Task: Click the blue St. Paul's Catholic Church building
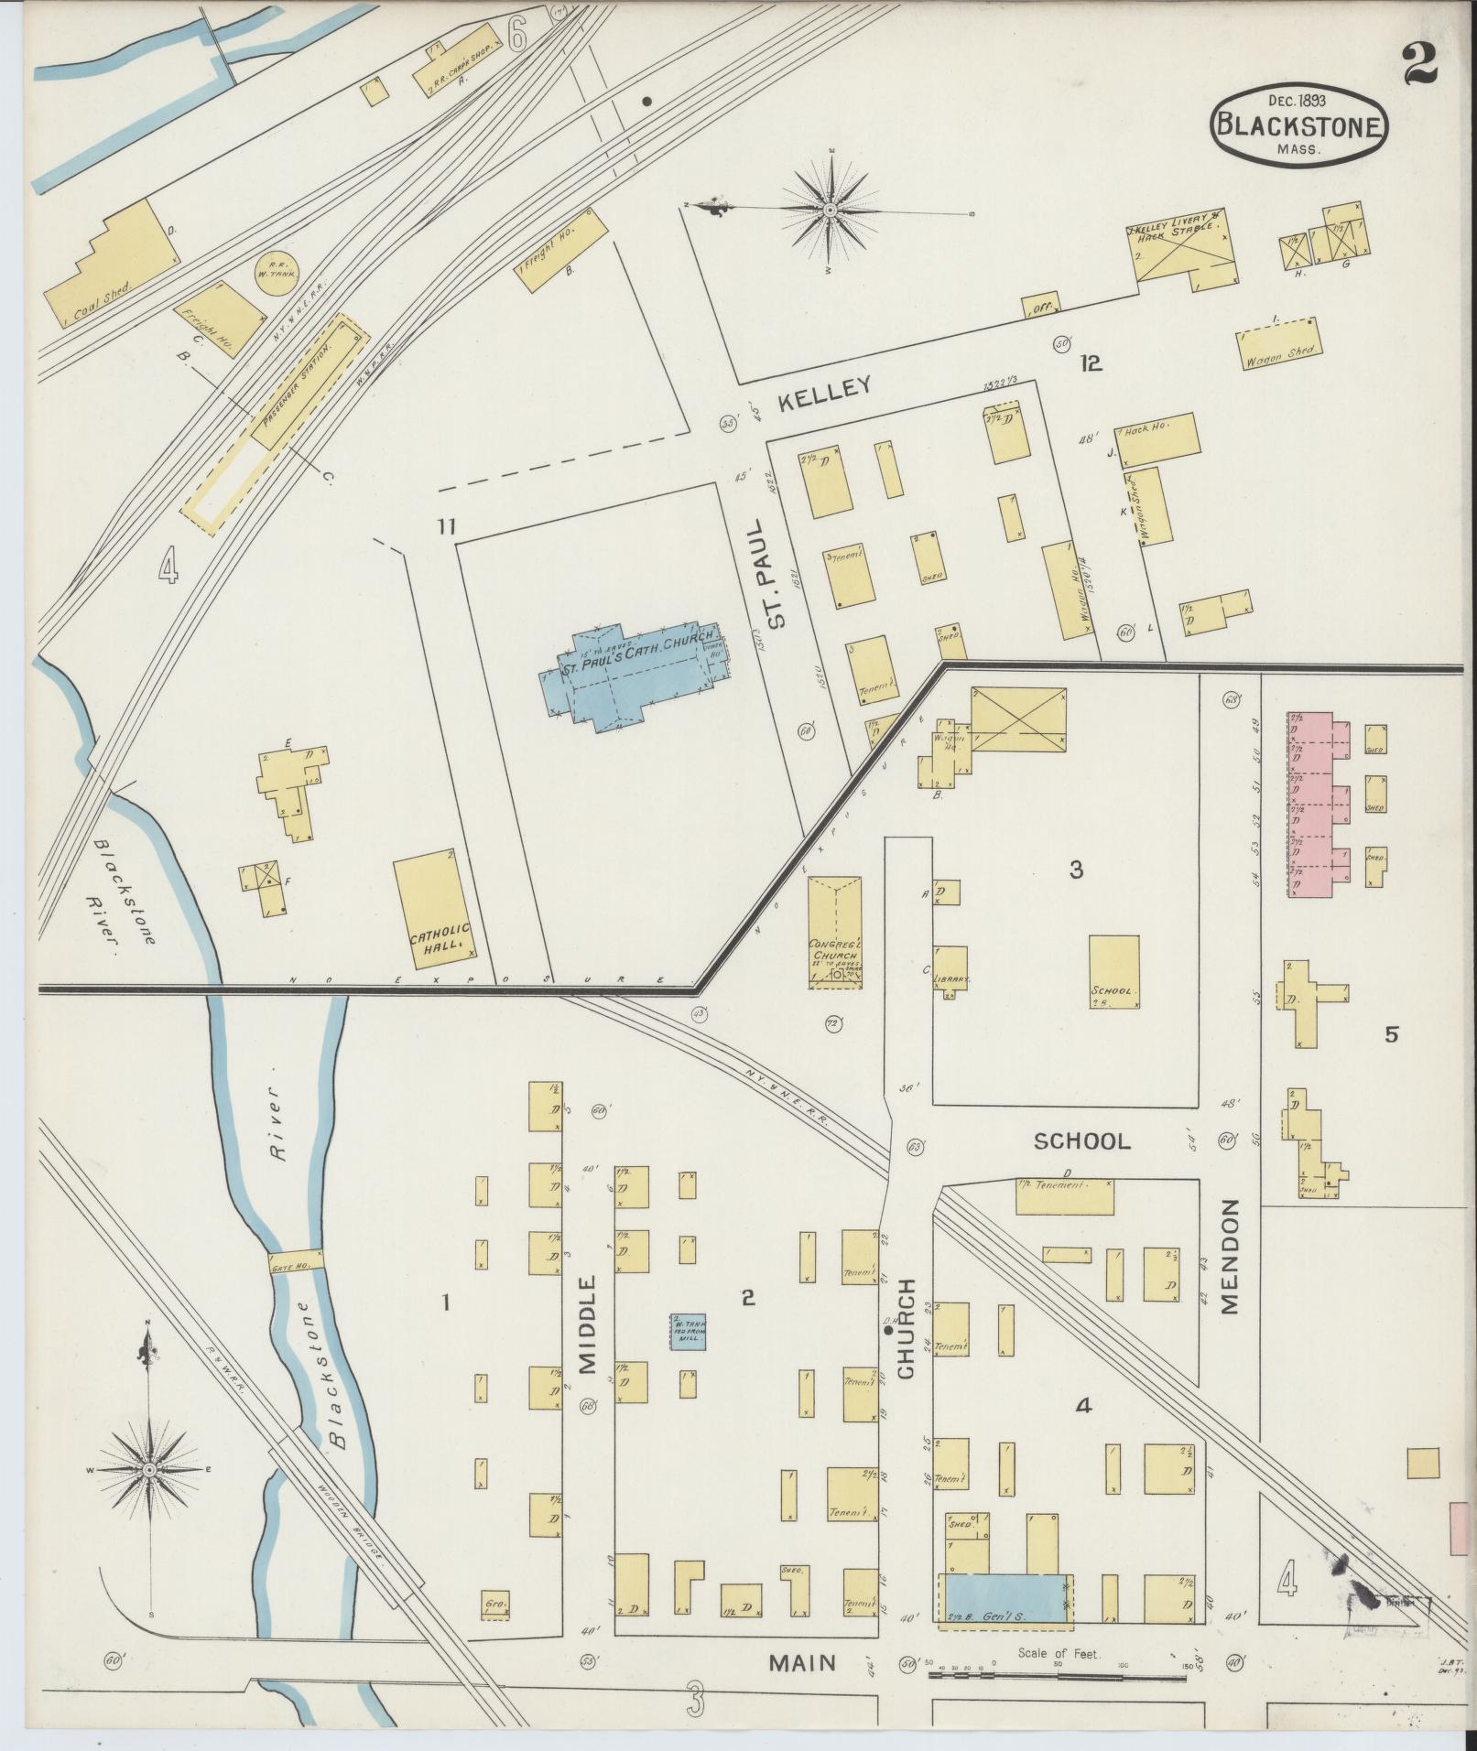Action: (632, 677)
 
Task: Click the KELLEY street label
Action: (825, 389)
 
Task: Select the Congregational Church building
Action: (833, 932)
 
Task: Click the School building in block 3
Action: (1114, 970)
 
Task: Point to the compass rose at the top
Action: (830, 211)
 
